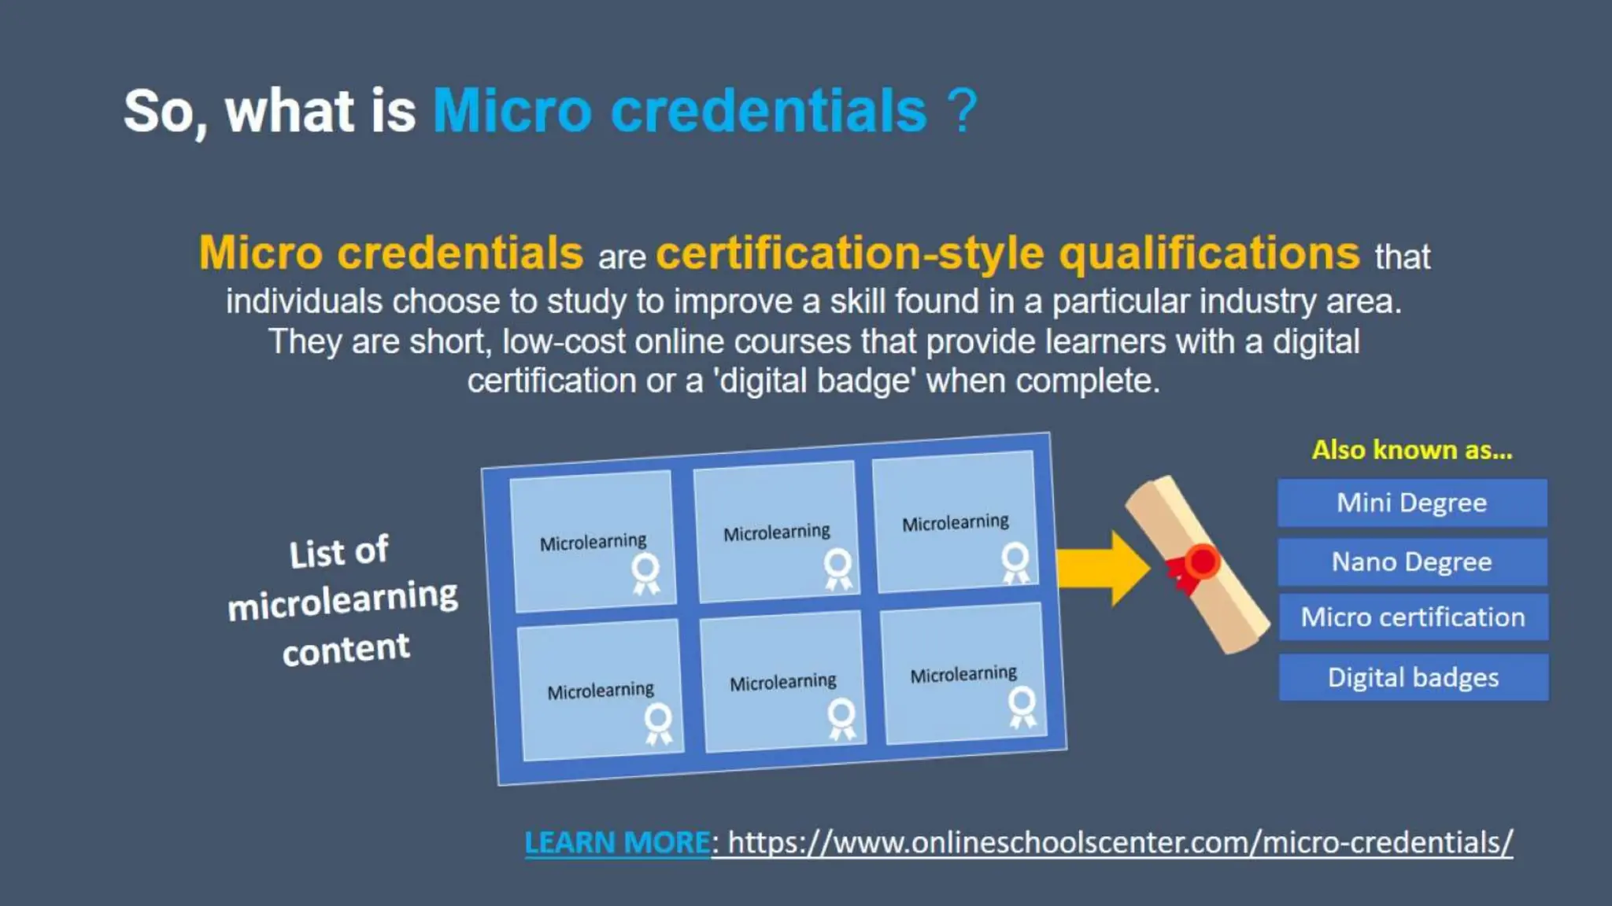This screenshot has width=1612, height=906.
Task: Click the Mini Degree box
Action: click(1411, 503)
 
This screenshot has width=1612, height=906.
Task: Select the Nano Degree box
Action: click(1411, 562)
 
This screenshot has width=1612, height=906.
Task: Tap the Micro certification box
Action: click(1413, 617)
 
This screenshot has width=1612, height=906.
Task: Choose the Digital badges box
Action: click(1413, 677)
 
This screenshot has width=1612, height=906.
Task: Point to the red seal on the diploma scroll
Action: click(1201, 562)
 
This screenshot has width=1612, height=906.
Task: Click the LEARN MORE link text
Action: click(617, 842)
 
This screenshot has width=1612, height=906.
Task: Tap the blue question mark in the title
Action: click(962, 111)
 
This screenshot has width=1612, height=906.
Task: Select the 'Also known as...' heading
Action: click(1412, 450)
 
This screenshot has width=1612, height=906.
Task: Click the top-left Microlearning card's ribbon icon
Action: click(646, 573)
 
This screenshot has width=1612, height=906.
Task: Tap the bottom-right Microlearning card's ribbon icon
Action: click(1022, 706)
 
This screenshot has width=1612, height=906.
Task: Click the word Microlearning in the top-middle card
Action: click(776, 533)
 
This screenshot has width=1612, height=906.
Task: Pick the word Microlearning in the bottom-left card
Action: click(601, 691)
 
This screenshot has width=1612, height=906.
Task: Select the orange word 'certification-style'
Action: click(850, 253)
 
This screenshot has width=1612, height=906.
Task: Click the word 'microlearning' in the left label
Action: click(342, 600)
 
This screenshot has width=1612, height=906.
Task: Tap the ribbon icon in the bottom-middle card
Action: click(841, 718)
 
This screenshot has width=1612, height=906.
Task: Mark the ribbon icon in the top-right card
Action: click(1015, 562)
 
